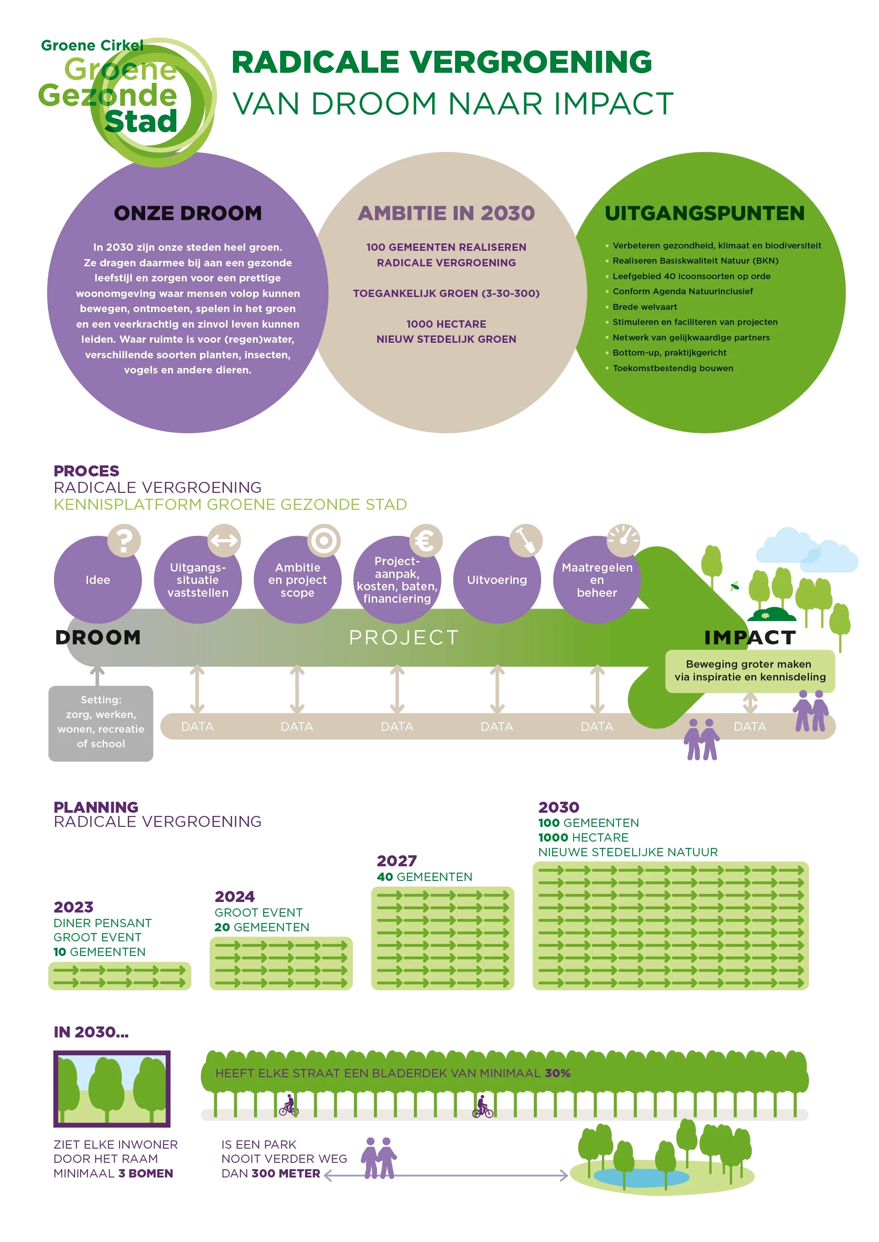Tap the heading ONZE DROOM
[188, 213]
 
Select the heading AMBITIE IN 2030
[446, 213]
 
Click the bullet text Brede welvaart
[644, 307]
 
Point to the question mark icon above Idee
[124, 540]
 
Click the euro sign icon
[426, 540]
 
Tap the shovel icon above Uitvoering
[526, 540]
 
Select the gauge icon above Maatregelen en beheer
[623, 540]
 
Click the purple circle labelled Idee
[98, 580]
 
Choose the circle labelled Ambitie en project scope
[297, 580]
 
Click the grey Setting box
[101, 723]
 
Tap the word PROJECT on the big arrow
[404, 637]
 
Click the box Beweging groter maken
[749, 671]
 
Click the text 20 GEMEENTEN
[261, 927]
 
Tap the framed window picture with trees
[112, 1088]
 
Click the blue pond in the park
[641, 1177]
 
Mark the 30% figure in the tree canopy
[558, 1073]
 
